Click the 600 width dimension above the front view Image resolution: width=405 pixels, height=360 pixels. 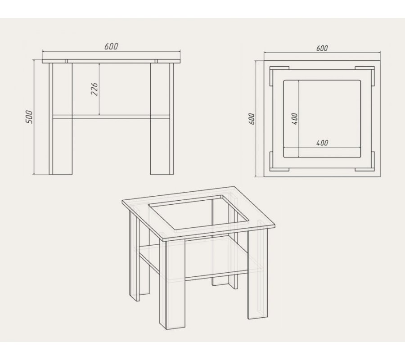pos(111,46)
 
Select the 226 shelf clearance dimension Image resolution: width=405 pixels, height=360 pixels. pos(94,90)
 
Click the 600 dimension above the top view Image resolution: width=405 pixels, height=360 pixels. pos(322,48)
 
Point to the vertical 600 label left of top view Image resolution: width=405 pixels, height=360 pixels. pos(252,119)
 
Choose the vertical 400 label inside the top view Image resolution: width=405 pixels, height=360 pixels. pos(294,119)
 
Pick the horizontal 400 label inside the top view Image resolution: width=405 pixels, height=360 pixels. pos(322,143)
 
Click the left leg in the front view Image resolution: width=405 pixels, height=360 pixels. pos(60,119)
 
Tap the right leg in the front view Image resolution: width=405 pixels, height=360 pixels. pos(162,119)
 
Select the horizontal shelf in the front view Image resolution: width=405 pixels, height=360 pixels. pos(111,117)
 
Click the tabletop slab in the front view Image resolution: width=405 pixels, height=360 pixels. pos(111,61)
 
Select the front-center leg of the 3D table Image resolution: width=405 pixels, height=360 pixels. pos(172,284)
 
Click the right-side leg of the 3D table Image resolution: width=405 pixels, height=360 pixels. pos(257,274)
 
